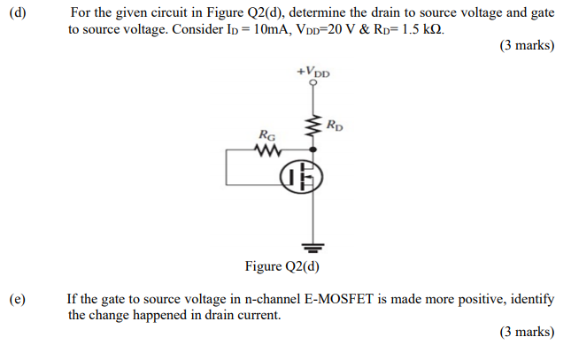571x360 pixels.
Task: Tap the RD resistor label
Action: (335, 124)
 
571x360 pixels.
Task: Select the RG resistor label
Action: (266, 135)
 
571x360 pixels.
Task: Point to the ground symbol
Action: (311, 244)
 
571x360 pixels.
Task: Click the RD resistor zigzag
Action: (312, 128)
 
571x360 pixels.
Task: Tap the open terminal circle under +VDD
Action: (312, 84)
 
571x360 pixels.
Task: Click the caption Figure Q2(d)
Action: (282, 265)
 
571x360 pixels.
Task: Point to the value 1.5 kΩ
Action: (422, 29)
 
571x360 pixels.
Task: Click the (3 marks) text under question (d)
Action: (527, 46)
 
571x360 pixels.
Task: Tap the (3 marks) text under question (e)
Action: (527, 332)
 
